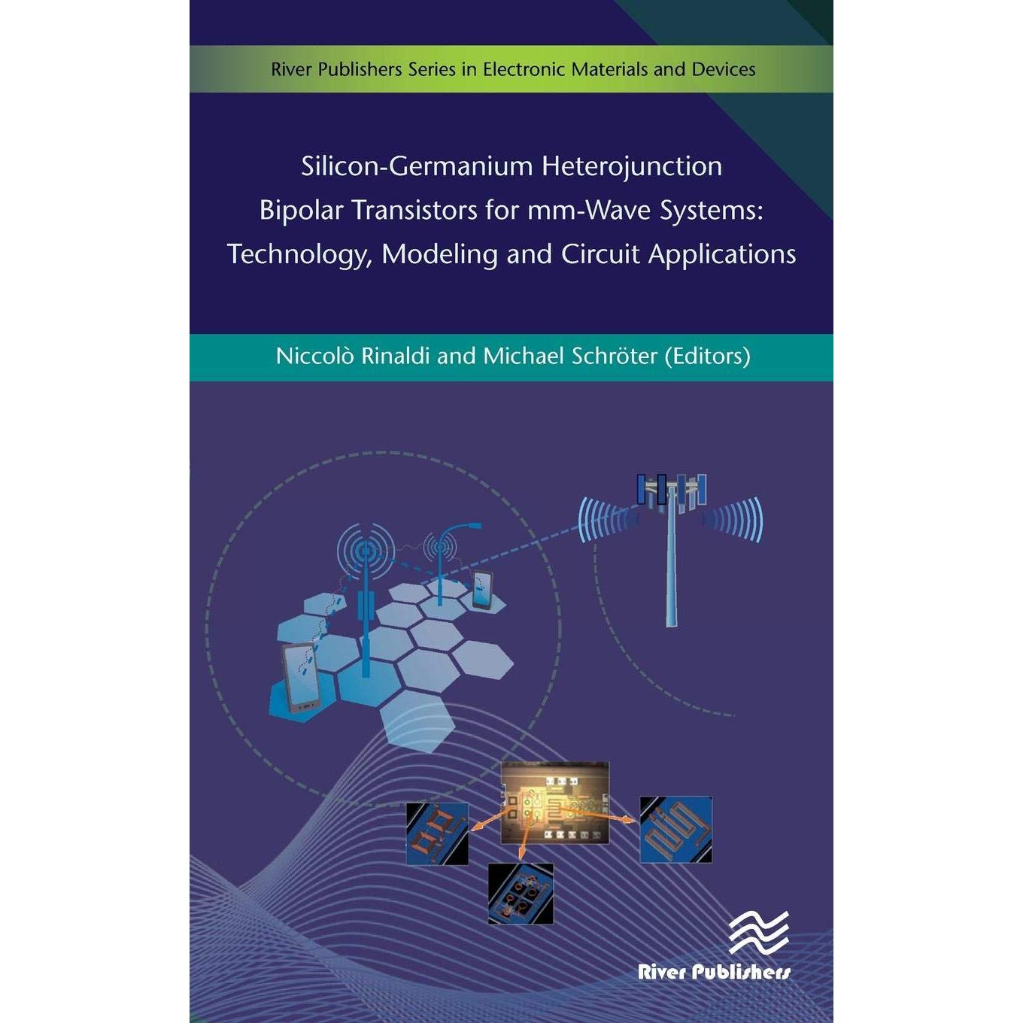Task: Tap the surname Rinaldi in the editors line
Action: pos(396,357)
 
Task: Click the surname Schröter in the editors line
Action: pos(615,357)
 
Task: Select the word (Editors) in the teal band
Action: pos(707,357)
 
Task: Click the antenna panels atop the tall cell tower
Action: pos(671,490)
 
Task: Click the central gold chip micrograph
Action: pos(555,803)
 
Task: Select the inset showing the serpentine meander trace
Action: pos(675,829)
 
